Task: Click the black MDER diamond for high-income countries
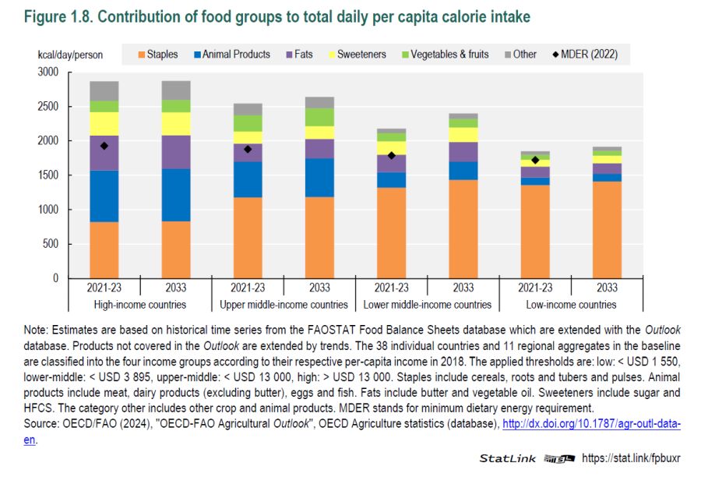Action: pyautogui.click(x=104, y=146)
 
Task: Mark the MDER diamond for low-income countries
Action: pyautogui.click(x=535, y=161)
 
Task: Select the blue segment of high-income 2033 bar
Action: pyautogui.click(x=176, y=195)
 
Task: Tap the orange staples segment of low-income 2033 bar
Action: pyautogui.click(x=607, y=230)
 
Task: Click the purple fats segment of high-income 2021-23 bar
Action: pyautogui.click(x=104, y=153)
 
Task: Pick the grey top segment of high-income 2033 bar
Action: pyautogui.click(x=176, y=90)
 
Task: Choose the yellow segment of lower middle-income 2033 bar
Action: pyautogui.click(x=463, y=135)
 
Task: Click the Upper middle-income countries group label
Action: pyautogui.click(x=284, y=305)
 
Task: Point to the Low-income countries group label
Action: pyautogui.click(x=571, y=305)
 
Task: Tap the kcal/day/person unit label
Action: pyautogui.click(x=70, y=55)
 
